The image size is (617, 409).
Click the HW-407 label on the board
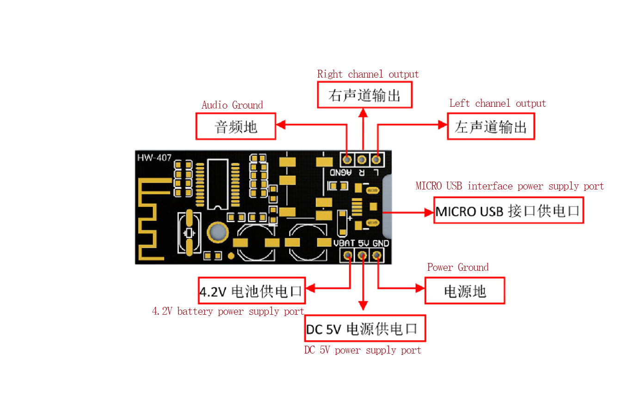pyautogui.click(x=154, y=158)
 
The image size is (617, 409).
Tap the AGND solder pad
pyautogui.click(x=347, y=159)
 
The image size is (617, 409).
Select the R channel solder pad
pyautogui.click(x=362, y=159)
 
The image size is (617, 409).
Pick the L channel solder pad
pyautogui.click(x=376, y=159)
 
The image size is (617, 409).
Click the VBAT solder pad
pyautogui.click(x=348, y=255)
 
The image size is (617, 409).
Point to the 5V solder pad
pyautogui.click(x=362, y=255)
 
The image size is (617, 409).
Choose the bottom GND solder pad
pyautogui.click(x=376, y=255)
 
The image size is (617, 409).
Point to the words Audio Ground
pyautogui.click(x=232, y=105)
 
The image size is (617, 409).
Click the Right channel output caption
pyautogui.click(x=368, y=74)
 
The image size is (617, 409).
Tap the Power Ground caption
pyautogui.click(x=458, y=267)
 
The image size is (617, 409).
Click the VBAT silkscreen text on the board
pyautogui.click(x=344, y=243)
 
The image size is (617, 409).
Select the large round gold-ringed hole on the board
pyautogui.click(x=217, y=232)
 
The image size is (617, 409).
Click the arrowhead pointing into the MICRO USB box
pyautogui.click(x=429, y=213)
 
